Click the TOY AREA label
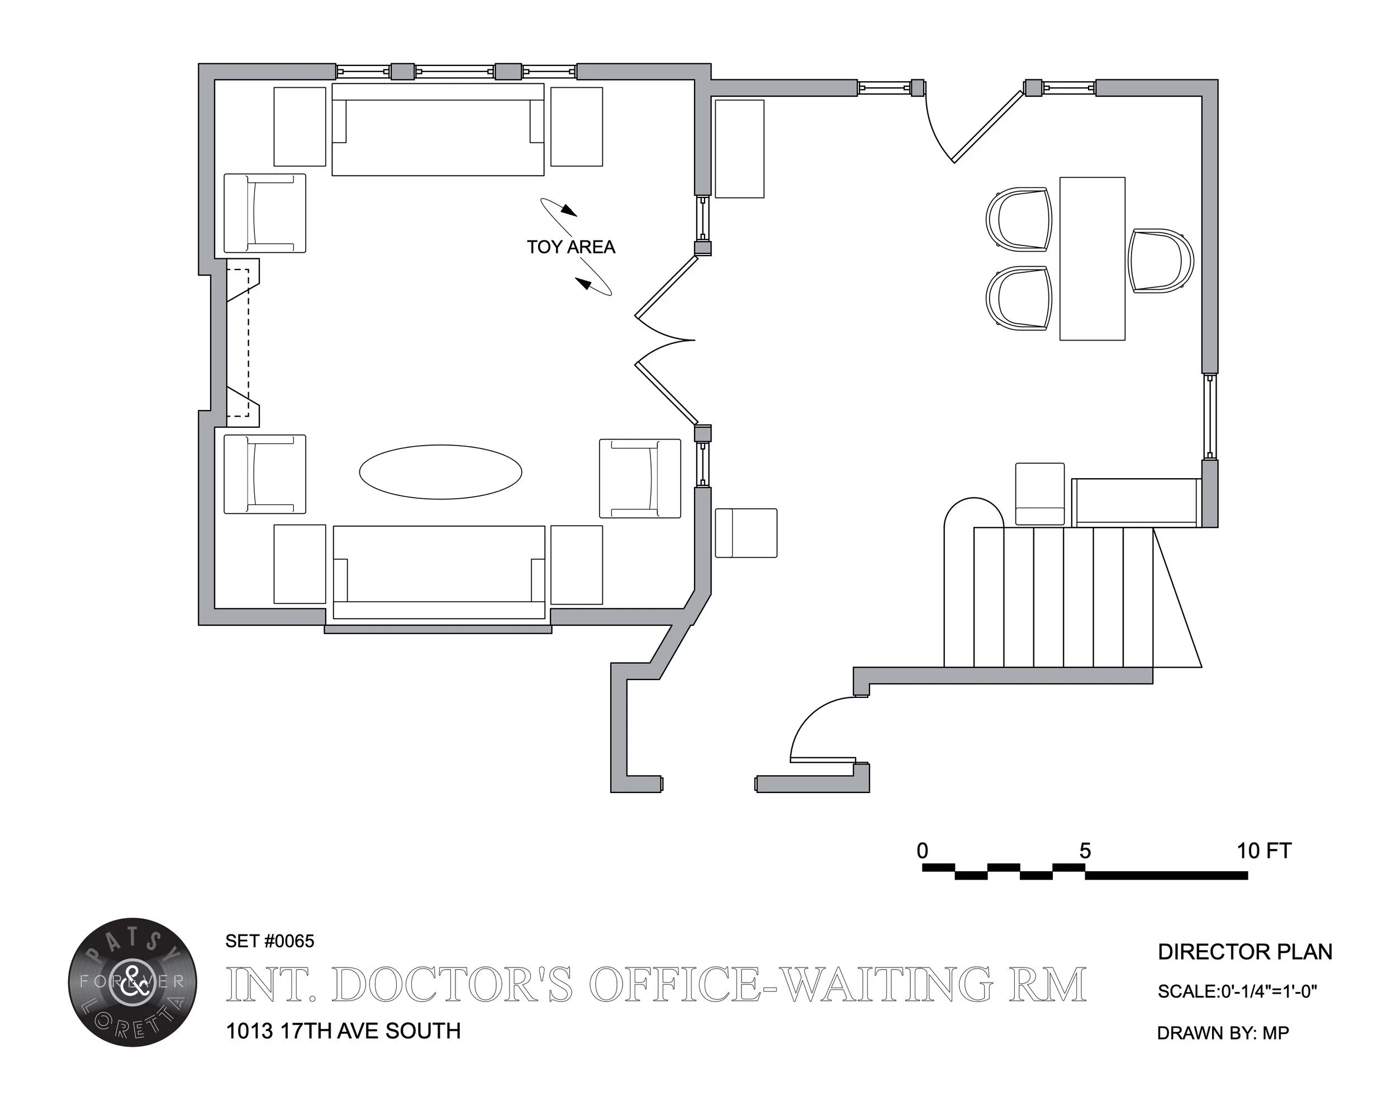570,247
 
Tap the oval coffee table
440,471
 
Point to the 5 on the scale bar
1085,851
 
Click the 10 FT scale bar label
1263,851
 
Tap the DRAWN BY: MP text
1223,1033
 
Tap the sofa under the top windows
438,130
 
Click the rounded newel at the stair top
973,512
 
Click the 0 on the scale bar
923,851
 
